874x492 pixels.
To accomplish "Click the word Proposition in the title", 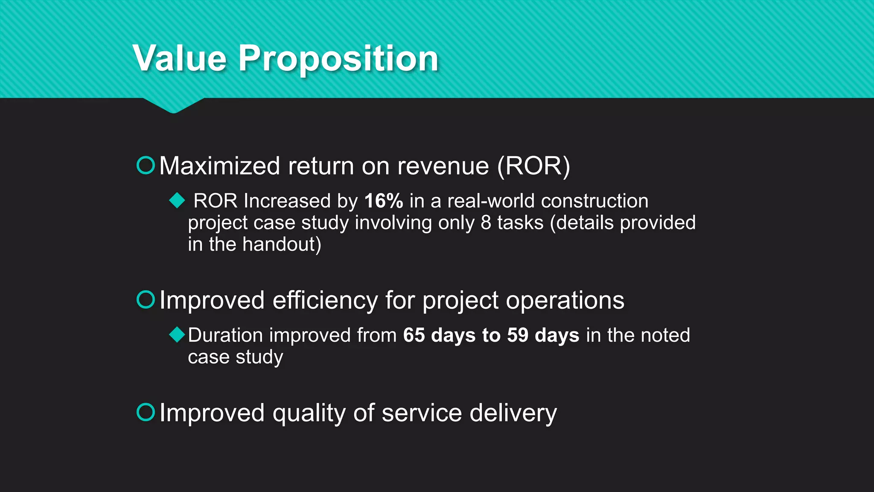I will (x=338, y=59).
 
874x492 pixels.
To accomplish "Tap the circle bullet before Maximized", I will (x=146, y=165).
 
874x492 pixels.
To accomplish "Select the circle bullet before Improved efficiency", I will (x=146, y=299).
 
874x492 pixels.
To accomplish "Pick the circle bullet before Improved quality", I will (x=146, y=412).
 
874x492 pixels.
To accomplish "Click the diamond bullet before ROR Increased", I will (x=177, y=200).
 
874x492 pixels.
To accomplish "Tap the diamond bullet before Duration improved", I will (x=177, y=334).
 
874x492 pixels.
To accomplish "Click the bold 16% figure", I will (x=383, y=201).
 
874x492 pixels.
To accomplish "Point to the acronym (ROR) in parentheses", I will (x=533, y=166).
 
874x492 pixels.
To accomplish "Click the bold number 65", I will (x=414, y=335).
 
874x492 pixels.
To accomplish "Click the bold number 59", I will (x=518, y=335).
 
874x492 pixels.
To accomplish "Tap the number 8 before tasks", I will (x=486, y=223).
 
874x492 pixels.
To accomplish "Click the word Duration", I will (x=225, y=335).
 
